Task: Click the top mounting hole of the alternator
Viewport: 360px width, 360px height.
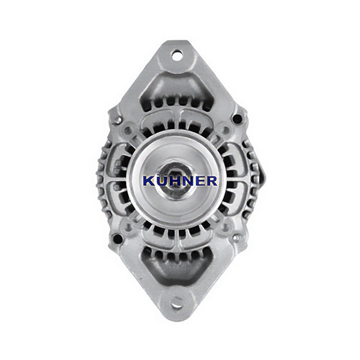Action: [178, 56]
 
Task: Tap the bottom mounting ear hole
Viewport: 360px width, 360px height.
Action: [177, 305]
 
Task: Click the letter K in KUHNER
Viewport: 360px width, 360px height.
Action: [149, 181]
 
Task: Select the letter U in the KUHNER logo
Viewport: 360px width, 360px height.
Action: [161, 181]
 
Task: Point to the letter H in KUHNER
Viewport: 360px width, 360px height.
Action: [172, 181]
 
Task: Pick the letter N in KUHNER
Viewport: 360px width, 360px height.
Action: [185, 181]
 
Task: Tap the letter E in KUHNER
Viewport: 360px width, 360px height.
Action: [197, 181]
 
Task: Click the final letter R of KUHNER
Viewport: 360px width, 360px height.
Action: [210, 181]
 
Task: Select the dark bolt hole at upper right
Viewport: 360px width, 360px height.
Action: [237, 119]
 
